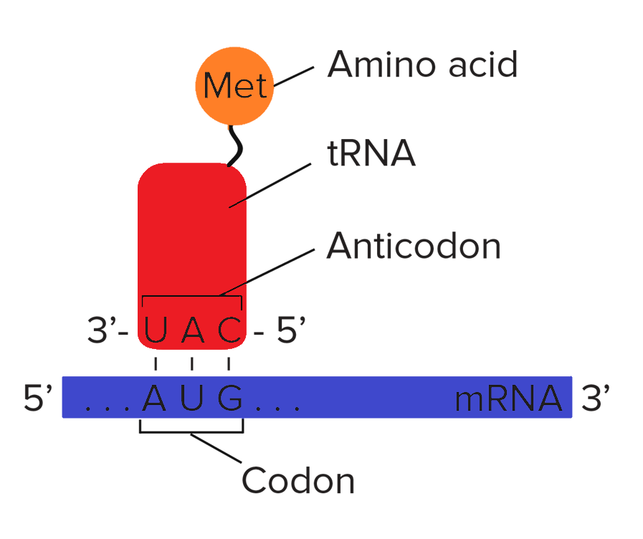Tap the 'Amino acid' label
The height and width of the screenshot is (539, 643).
(422, 65)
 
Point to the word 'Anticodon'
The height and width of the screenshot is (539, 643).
(414, 247)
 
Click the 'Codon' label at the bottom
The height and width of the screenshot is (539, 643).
(298, 480)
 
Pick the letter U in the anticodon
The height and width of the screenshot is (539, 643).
(156, 331)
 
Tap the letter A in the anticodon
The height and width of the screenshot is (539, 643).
(191, 331)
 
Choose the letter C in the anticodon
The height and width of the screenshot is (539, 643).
(229, 331)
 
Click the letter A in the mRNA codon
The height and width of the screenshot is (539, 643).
(154, 399)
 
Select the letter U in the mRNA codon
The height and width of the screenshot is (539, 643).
(191, 399)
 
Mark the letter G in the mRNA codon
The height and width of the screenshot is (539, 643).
(229, 399)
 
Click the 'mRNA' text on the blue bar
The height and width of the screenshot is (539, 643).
(508, 399)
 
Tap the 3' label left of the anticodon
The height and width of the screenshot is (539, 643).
(104, 332)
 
